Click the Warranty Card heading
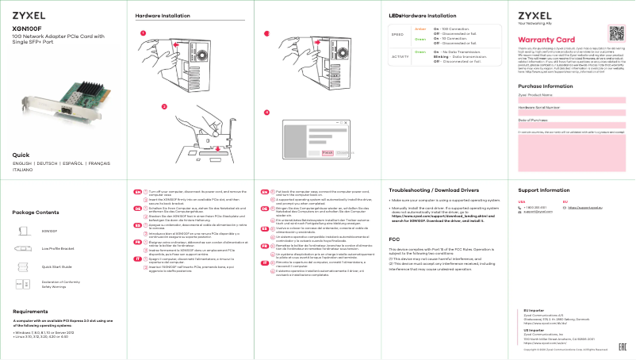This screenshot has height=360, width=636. [546, 40]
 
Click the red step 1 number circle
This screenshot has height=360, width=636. [143, 33]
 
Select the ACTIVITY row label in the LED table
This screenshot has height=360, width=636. [400, 56]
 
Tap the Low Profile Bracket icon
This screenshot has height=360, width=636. [22, 247]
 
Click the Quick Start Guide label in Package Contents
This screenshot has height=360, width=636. [57, 267]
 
